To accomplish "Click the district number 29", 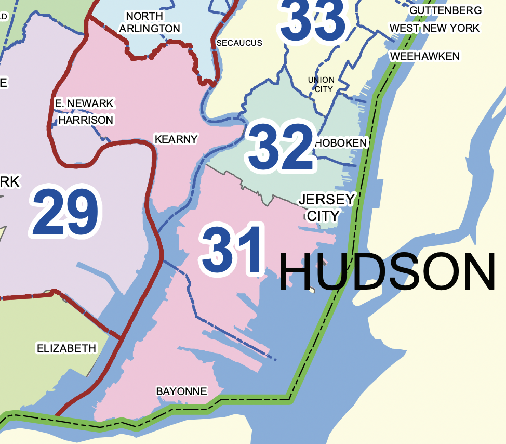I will click(64, 213).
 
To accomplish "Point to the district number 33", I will click(313, 20).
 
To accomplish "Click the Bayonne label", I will click(181, 391).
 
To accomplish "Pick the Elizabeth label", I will click(66, 348).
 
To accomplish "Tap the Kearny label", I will click(176, 139).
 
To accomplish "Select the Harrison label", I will click(86, 120).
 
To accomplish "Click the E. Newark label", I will click(84, 103).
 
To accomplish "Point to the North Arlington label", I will click(150, 22).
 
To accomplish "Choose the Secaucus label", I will click(239, 43).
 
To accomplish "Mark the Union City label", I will click(321, 84).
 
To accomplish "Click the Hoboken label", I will click(341, 142).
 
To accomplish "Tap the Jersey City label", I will click(326, 207).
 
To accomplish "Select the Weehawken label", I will click(424, 56).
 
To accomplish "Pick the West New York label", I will click(434, 28).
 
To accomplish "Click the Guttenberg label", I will click(445, 10).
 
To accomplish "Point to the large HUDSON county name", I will click(387, 272).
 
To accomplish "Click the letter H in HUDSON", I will click(297, 272).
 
